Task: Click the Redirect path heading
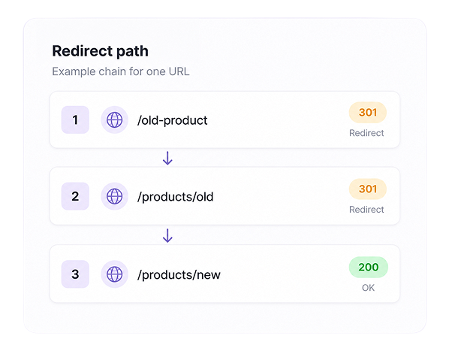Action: point(100,52)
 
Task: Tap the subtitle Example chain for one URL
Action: point(121,71)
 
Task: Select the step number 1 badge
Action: point(75,119)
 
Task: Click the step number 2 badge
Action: point(75,196)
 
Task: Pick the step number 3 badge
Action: point(75,274)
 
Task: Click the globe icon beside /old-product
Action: point(115,119)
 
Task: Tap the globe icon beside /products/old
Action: point(115,196)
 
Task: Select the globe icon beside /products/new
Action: point(115,274)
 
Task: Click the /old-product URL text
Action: point(173,120)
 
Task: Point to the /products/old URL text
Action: point(175,197)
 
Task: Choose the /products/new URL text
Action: point(179,275)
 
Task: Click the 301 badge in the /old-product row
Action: point(368,112)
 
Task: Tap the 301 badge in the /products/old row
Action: point(368,189)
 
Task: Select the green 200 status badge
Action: point(369,267)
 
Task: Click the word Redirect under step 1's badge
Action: point(366,133)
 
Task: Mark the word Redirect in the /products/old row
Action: point(366,210)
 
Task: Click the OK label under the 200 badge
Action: point(368,288)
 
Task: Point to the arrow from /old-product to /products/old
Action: point(167,158)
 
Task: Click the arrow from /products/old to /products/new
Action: point(167,235)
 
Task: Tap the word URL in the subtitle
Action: point(179,71)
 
